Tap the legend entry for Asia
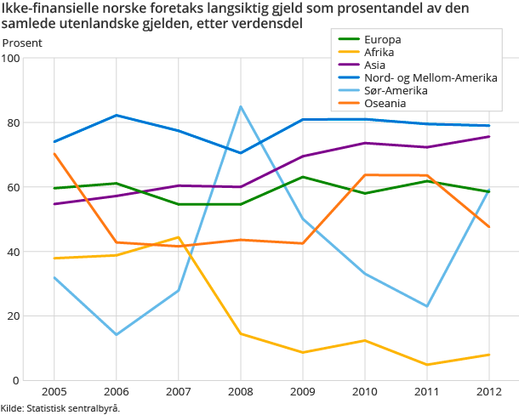(x=375, y=65)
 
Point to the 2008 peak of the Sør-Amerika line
(x=241, y=107)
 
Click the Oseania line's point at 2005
(x=54, y=154)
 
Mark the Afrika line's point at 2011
(x=427, y=365)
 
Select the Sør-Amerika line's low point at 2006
(x=117, y=334)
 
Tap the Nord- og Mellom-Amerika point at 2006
(x=117, y=116)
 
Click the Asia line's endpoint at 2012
(x=488, y=137)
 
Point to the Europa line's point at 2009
(x=303, y=177)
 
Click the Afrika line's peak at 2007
(x=179, y=237)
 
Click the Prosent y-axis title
(x=22, y=43)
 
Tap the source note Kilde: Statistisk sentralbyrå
(x=60, y=408)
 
